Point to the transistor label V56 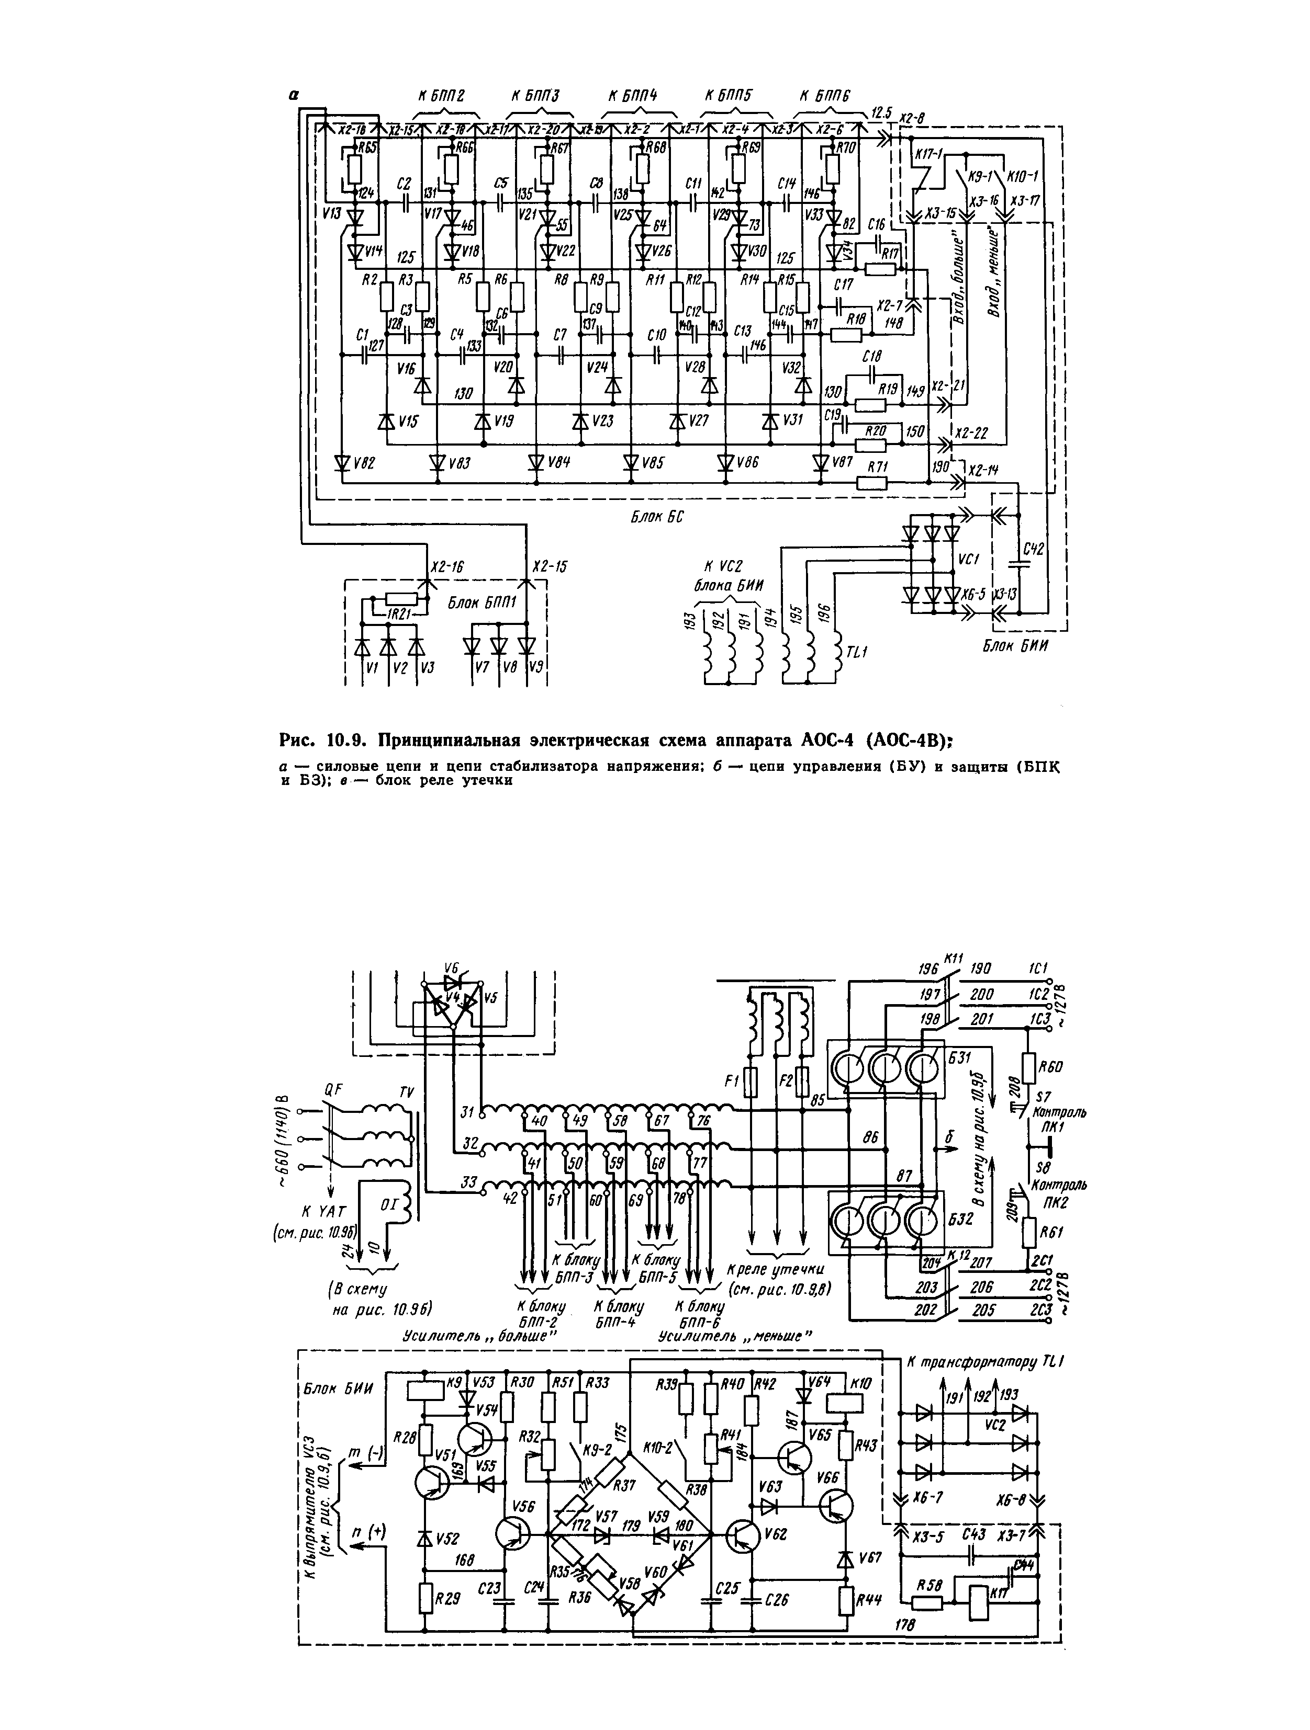(x=523, y=1505)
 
